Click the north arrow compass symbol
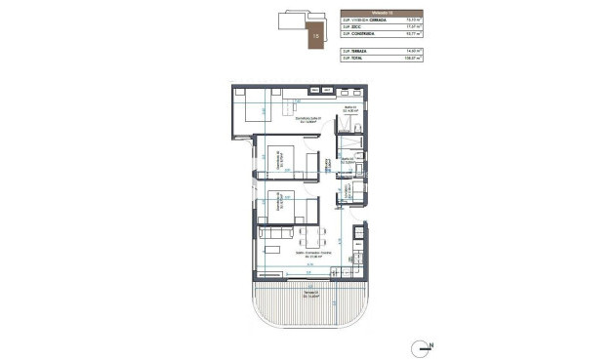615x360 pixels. [423, 344]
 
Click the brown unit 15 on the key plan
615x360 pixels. [314, 36]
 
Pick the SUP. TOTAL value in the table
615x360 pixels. [400, 58]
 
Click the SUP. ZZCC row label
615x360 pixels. [350, 26]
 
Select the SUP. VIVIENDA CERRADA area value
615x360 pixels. [400, 19]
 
